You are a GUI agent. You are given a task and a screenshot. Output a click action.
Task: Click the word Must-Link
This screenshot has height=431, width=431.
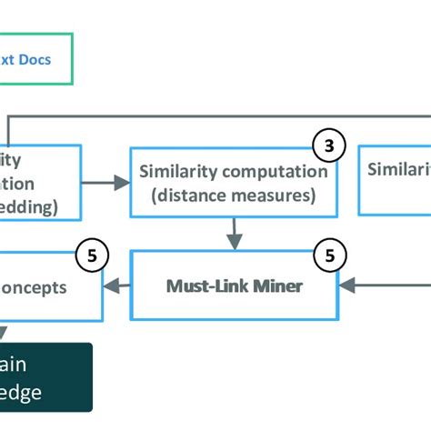pos(201,286)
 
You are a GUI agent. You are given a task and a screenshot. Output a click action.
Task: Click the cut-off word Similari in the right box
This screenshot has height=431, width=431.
pos(398,170)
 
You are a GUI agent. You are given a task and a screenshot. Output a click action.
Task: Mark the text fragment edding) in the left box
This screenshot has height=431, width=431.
pos(29,205)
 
